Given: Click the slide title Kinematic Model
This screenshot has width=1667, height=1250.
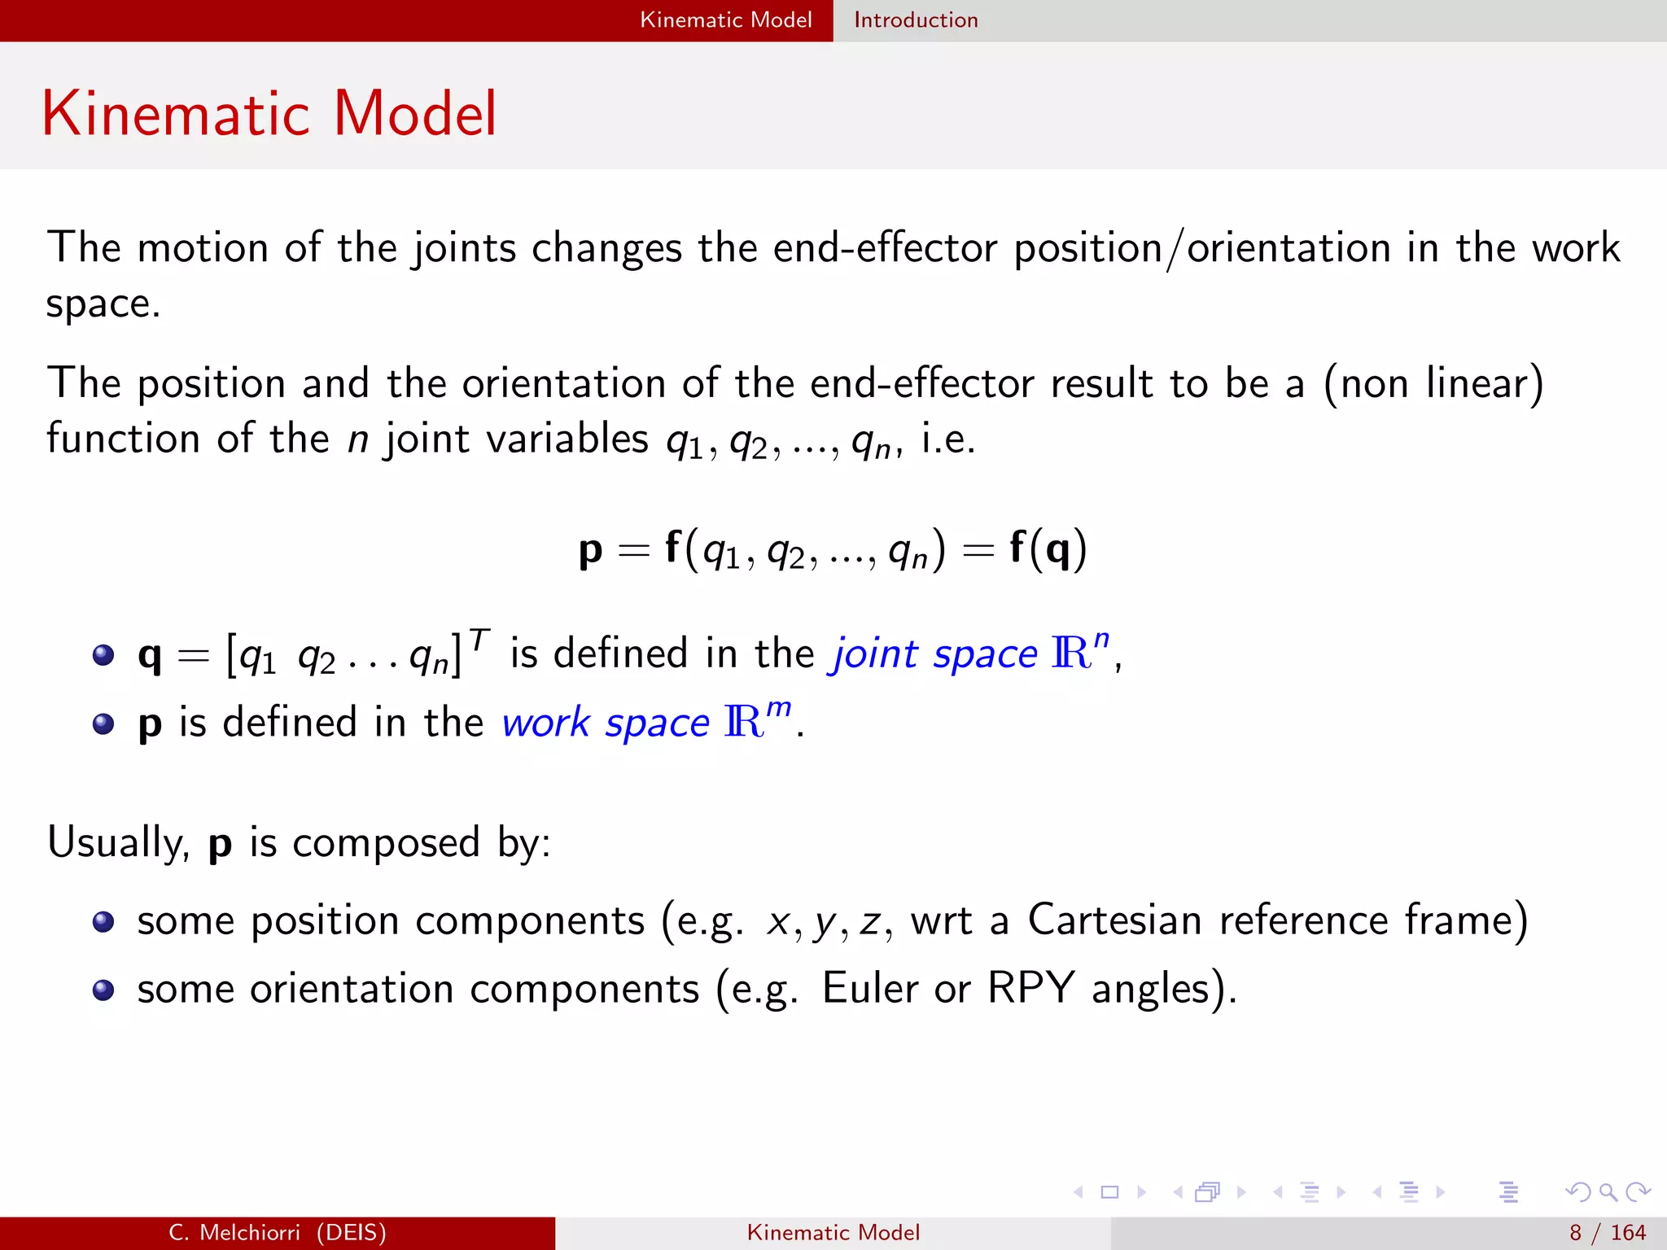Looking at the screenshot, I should tap(269, 114).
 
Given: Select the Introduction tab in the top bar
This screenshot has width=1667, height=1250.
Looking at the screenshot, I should tap(916, 20).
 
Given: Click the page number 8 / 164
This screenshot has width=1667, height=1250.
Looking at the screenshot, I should tap(1607, 1233).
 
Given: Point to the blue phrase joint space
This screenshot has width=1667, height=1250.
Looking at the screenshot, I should tap(933, 654).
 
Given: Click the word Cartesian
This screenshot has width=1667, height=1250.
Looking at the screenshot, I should tap(1114, 921).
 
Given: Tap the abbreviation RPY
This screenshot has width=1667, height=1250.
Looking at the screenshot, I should tap(1030, 990).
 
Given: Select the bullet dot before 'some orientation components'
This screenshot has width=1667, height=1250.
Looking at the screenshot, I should tap(103, 990).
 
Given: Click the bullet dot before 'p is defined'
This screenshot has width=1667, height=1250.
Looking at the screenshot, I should tap(103, 723).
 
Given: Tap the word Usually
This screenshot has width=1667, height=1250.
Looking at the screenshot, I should tap(117, 843).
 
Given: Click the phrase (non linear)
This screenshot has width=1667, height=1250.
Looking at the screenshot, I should tap(1433, 384).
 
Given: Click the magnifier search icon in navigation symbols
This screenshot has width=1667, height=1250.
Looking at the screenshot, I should tap(1608, 1192).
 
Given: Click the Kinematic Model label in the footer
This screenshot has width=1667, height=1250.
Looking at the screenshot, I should tap(833, 1233).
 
